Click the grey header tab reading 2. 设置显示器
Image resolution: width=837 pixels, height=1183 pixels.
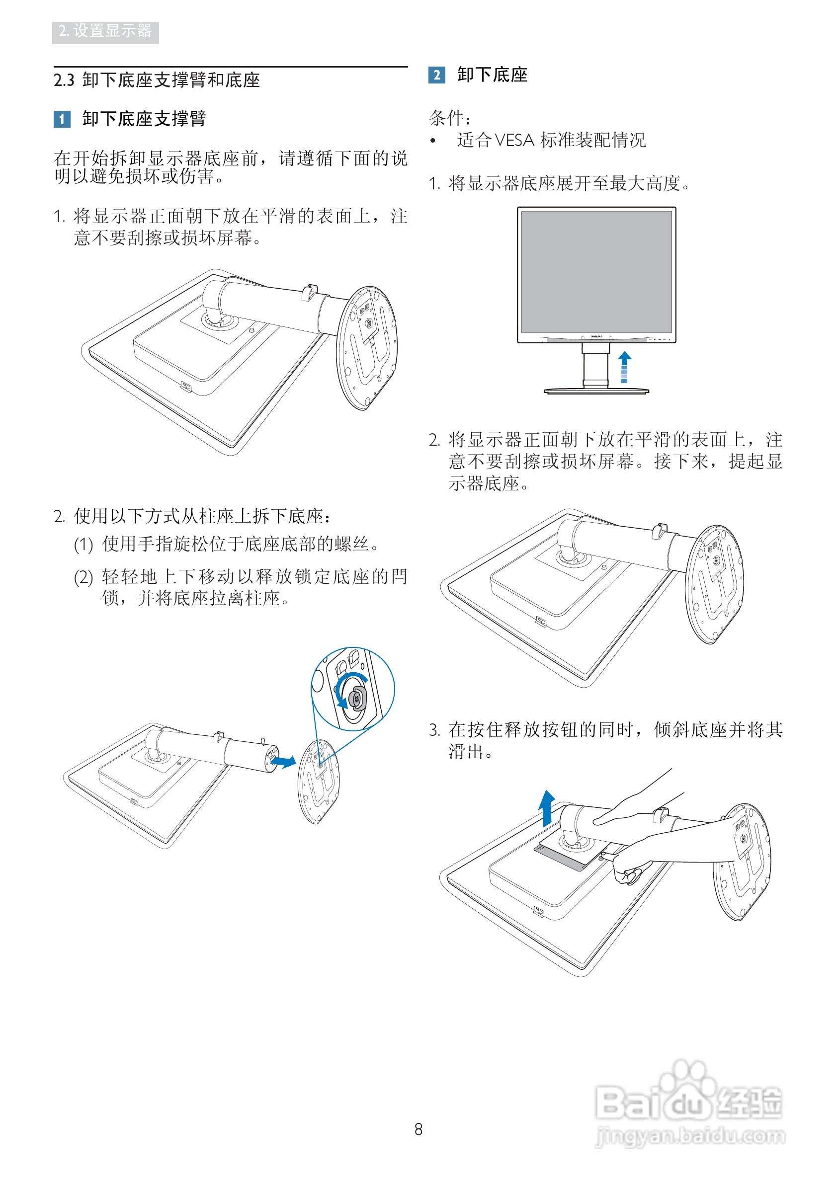105,32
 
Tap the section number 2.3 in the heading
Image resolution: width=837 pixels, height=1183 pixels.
64,80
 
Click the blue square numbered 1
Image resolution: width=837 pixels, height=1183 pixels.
62,120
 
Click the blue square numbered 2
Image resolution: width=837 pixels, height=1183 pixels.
436,75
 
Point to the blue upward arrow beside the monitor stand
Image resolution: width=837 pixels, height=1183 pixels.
624,366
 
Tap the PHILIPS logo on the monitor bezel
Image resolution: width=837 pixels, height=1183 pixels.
596,336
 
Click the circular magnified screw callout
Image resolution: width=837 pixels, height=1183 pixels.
353,689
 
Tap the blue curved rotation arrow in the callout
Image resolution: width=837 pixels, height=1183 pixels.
343,691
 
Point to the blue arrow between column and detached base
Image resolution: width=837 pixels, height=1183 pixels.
283,761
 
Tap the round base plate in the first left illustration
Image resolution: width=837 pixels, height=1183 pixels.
366,348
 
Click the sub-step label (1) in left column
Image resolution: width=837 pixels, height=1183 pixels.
84,545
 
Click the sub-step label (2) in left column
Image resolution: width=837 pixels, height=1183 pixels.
84,578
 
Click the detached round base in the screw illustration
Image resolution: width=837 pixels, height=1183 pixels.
319,781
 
